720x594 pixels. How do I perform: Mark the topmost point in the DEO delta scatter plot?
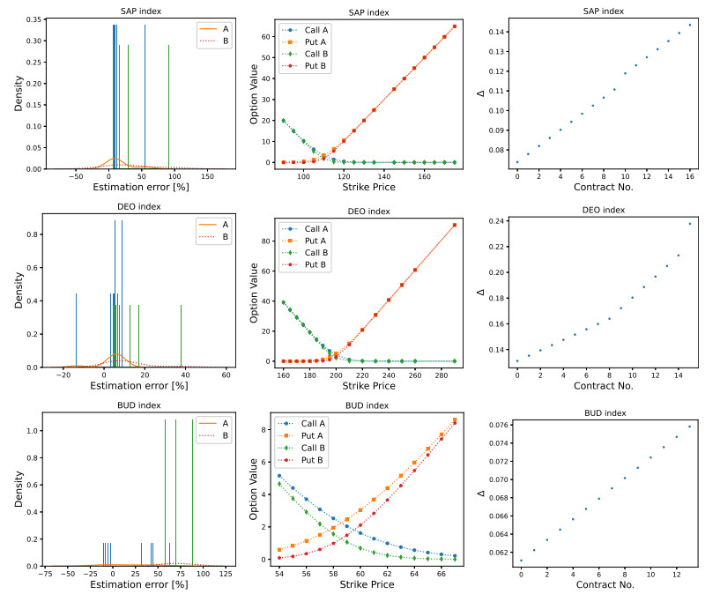tap(689, 224)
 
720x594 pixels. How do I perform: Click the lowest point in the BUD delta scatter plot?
tap(521, 561)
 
